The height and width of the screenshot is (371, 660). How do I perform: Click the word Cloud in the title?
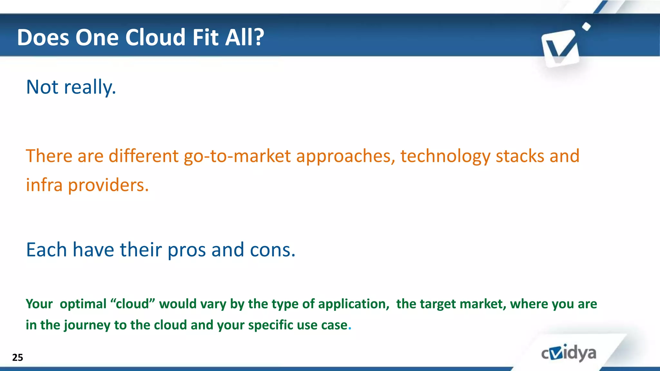155,37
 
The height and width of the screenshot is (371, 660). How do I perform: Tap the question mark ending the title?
258,37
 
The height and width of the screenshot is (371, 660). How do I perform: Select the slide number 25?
17,357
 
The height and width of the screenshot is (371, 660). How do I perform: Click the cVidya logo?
568,353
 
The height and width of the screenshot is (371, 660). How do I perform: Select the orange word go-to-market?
237,156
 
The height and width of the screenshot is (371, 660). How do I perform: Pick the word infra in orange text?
44,185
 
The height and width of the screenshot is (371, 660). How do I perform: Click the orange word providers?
108,186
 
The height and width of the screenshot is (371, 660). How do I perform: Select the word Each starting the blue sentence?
46,250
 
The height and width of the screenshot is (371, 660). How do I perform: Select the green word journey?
87,325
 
